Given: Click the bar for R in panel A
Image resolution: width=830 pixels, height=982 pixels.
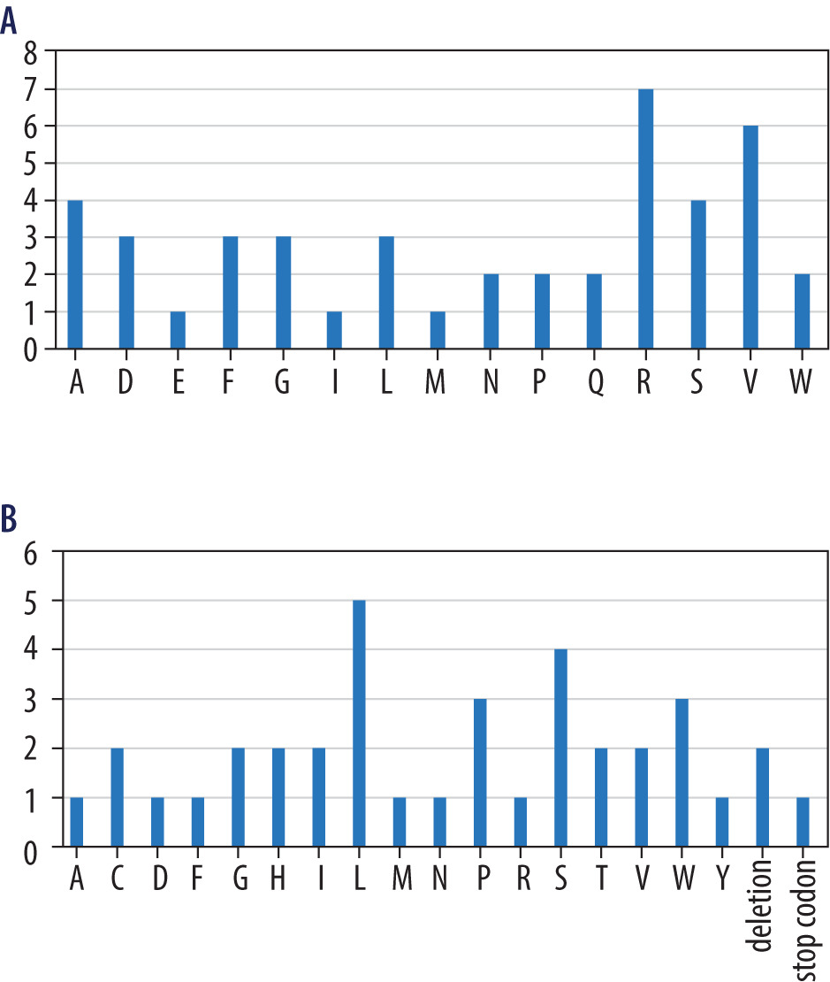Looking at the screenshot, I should coord(645,219).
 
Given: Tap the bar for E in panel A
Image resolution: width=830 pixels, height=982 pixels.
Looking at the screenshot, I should coord(178,330).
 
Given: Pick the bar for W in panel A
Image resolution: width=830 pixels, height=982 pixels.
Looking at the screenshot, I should coord(802,311).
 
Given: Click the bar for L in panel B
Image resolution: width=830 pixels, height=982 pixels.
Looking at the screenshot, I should coord(359,724).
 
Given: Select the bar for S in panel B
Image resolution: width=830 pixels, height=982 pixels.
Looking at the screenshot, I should coord(560,748).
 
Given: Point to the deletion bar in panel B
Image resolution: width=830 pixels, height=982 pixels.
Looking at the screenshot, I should coord(763,798).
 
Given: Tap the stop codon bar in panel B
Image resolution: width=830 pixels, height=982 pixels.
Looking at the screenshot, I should coord(803,823).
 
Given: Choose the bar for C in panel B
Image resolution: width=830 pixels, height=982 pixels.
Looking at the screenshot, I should coord(117,798).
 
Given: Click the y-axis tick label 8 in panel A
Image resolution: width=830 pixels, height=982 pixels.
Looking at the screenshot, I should coord(31,52).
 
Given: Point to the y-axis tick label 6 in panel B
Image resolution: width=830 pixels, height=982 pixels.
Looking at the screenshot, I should coord(31,551).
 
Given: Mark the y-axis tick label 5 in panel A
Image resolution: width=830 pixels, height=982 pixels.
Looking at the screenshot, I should coord(31,164).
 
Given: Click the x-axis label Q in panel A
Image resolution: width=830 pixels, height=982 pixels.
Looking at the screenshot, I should coord(595,387).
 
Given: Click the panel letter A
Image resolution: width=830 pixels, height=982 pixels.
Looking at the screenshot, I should coord(10,20).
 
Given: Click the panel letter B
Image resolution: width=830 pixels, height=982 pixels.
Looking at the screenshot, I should coord(9,519).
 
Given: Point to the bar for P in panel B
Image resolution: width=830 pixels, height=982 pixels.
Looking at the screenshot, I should coord(480,773).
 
